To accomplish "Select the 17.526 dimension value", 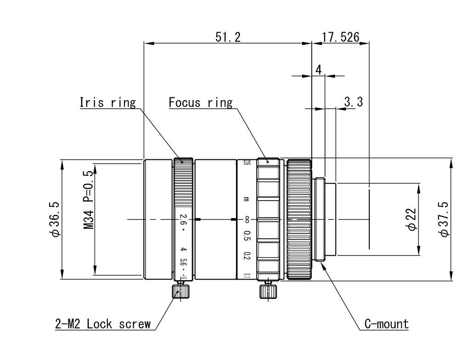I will point(340,37).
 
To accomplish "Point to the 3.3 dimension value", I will point(354,102).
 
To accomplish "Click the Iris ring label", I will point(108,102).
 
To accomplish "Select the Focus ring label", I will point(201,102).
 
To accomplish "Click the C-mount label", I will point(386,324).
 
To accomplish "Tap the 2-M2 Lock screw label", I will point(100,324).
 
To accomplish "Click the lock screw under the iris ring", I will point(180,291).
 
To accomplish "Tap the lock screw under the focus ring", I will point(268,291).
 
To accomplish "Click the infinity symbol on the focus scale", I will point(247,219).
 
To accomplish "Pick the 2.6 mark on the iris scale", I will point(183,219).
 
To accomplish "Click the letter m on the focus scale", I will point(247,199).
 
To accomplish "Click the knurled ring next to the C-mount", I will point(299,219).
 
